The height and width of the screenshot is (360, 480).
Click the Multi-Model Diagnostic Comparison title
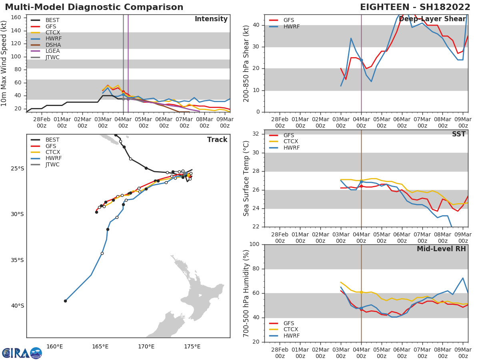click(94, 7)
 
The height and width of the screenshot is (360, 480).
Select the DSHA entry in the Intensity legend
click(52, 45)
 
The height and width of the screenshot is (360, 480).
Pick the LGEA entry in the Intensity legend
click(52, 51)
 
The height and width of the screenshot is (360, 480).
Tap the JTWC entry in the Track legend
click(52, 164)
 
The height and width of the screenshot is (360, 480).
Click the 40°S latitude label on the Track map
click(17, 306)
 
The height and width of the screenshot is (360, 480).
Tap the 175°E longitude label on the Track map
click(192, 346)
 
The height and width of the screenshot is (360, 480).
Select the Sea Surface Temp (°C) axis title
click(246, 178)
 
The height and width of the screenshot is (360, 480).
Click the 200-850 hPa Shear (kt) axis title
click(246, 63)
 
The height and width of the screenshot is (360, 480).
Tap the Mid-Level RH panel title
click(441, 249)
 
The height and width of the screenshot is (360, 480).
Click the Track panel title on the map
click(217, 140)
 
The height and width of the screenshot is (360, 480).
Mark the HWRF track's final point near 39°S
click(65, 301)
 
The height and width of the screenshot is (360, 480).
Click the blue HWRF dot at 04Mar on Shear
click(361, 60)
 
